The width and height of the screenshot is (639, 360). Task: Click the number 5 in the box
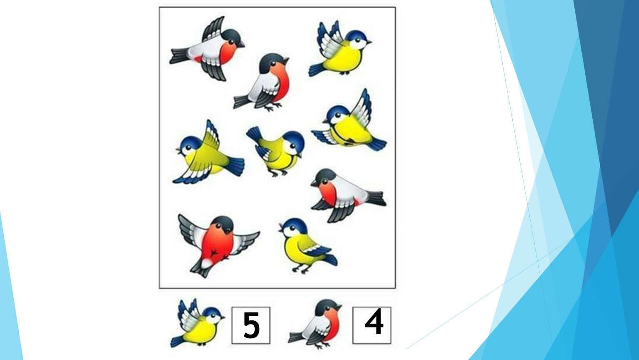(x=251, y=325)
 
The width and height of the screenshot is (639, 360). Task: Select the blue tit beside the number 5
(x=198, y=323)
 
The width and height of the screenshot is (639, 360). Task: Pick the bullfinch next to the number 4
(x=315, y=324)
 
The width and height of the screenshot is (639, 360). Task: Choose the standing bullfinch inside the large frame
(x=262, y=82)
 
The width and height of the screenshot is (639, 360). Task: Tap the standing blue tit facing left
(x=307, y=245)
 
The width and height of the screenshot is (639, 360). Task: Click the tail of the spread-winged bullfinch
(x=201, y=267)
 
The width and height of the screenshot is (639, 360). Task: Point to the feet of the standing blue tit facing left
(x=301, y=269)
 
